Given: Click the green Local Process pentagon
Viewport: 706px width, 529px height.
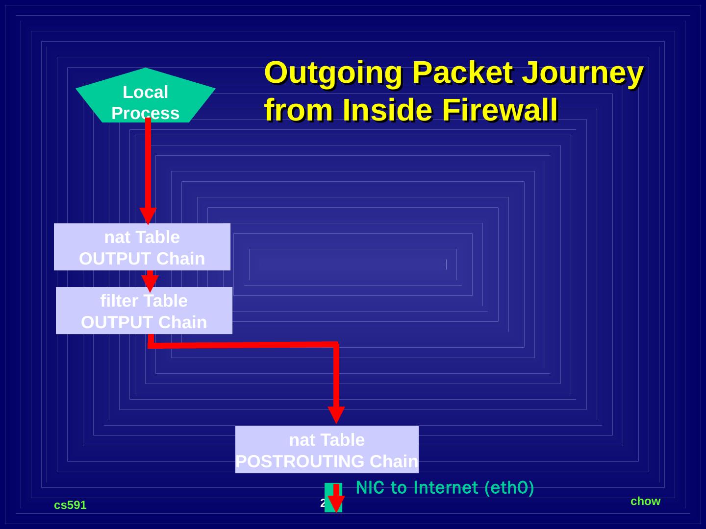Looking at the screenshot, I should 145,98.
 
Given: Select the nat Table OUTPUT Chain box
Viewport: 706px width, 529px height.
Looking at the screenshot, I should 142,247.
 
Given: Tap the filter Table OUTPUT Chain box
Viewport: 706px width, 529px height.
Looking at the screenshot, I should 144,311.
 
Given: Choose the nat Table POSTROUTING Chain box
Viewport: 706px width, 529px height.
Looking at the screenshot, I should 327,450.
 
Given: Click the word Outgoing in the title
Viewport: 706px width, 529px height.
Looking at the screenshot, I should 333,73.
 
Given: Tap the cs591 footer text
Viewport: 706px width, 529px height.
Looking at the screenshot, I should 70,505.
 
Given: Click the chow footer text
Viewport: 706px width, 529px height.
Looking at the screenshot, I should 645,501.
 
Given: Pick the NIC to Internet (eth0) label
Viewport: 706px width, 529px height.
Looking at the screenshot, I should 445,488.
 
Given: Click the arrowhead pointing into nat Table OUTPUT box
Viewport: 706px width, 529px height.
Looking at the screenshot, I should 148,216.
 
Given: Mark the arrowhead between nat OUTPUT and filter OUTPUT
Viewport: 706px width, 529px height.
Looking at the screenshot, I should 150,283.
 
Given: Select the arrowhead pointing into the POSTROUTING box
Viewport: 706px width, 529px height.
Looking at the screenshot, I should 336,414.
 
